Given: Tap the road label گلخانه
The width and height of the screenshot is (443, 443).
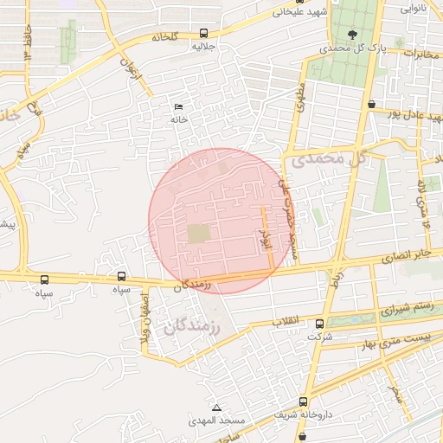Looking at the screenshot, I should tap(164, 37).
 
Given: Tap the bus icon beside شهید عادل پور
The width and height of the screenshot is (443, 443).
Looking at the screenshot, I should tap(371, 104).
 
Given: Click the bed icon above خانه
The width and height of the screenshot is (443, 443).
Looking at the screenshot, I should tap(179, 106).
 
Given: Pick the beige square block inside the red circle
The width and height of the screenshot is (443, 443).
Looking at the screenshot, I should tap(199, 234).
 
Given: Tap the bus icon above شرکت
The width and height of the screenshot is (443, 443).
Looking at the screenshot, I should tap(320, 324).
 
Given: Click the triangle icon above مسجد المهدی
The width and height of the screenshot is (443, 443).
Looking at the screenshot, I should tap(216, 408).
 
